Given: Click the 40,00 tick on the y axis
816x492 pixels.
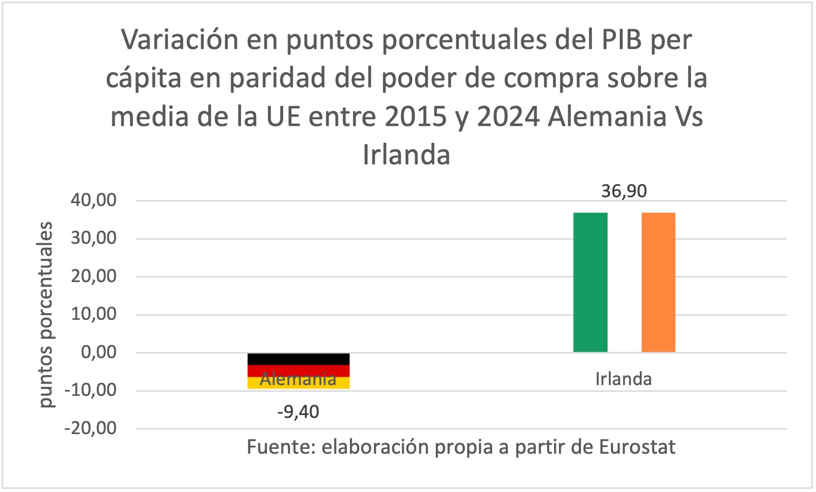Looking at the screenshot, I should pyautogui.click(x=94, y=200).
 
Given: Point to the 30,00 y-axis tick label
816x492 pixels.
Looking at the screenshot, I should pyautogui.click(x=94, y=238).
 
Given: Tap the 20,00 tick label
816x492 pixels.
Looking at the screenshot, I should pyautogui.click(x=94, y=276).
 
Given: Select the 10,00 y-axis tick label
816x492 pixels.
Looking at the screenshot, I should pyautogui.click(x=94, y=314).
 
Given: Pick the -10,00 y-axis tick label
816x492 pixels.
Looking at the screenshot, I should pyautogui.click(x=91, y=390).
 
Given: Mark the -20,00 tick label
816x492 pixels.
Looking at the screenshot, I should pyautogui.click(x=91, y=428).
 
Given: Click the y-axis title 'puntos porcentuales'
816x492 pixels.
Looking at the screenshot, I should pyautogui.click(x=46, y=314).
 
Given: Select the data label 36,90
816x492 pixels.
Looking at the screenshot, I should pyautogui.click(x=624, y=191).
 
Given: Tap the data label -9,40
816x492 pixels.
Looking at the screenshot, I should pyautogui.click(x=298, y=412).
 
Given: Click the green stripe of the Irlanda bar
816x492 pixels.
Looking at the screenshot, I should pyautogui.click(x=590, y=282).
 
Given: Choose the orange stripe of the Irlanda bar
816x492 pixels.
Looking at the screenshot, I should pyautogui.click(x=658, y=282).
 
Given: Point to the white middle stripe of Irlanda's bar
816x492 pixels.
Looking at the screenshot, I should pyautogui.click(x=624, y=282).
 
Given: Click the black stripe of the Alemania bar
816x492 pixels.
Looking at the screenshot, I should pyautogui.click(x=298, y=359).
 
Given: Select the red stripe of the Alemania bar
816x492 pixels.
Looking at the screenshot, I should pyautogui.click(x=298, y=371).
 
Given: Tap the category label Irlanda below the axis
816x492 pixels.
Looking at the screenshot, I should pyautogui.click(x=623, y=379).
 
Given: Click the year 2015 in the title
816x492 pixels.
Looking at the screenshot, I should pyautogui.click(x=415, y=117).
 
